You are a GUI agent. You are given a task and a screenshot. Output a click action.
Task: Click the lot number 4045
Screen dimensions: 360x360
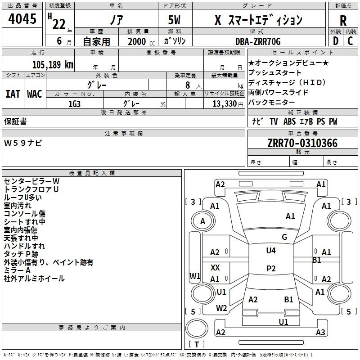pyautogui.click(x=22, y=19)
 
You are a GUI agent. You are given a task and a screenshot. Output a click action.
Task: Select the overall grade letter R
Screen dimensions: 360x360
pyautogui.click(x=343, y=21)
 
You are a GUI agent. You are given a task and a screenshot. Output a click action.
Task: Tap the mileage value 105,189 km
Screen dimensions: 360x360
pyautogui.click(x=53, y=65)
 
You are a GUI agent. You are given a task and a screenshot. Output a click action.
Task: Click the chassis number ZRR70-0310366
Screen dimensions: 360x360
pyautogui.click(x=302, y=143)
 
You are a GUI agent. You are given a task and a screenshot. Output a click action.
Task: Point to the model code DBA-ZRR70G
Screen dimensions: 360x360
pyautogui.click(x=258, y=41)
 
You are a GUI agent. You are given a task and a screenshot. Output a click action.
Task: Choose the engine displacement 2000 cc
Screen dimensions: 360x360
pyautogui.click(x=141, y=41)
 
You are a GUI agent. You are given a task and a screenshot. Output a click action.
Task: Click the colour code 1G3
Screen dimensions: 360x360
pyautogui.click(x=74, y=104)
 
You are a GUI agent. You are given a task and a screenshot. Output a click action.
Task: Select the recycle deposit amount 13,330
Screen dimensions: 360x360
pyautogui.click(x=224, y=104)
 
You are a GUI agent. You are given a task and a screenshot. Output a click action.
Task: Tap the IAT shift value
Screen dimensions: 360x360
pyautogui.click(x=13, y=94)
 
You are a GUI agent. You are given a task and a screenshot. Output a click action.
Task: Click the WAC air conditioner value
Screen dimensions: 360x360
pyautogui.click(x=35, y=94)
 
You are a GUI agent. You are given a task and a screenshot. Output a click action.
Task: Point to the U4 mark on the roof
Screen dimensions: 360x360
pyautogui.click(x=271, y=251)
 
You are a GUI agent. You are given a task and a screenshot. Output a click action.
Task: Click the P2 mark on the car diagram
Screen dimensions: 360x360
pyautogui.click(x=271, y=268)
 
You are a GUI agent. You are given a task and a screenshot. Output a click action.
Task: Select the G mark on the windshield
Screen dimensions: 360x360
pyautogui.click(x=284, y=237)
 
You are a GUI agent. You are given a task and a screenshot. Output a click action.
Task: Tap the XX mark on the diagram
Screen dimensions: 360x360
pyautogui.click(x=215, y=267)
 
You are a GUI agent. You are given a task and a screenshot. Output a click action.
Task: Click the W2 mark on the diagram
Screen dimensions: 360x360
pyautogui.click(x=221, y=308)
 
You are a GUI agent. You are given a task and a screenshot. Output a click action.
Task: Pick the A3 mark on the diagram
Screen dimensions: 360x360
pyautogui.click(x=320, y=333)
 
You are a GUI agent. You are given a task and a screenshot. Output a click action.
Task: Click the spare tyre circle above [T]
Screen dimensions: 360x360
pyautogui.click(x=197, y=328)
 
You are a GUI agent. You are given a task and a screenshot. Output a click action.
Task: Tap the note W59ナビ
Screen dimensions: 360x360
pyautogui.click(x=23, y=143)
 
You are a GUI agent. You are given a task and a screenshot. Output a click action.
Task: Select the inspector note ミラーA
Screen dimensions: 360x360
pyautogui.click(x=17, y=270)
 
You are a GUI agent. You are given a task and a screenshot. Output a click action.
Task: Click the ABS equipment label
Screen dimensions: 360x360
pyautogui.click(x=289, y=121)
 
